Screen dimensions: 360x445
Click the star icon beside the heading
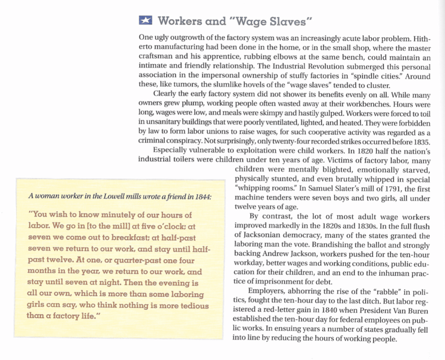pos(145,20)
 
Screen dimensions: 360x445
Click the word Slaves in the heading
pos(288,20)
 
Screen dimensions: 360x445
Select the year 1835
pos(422,142)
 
